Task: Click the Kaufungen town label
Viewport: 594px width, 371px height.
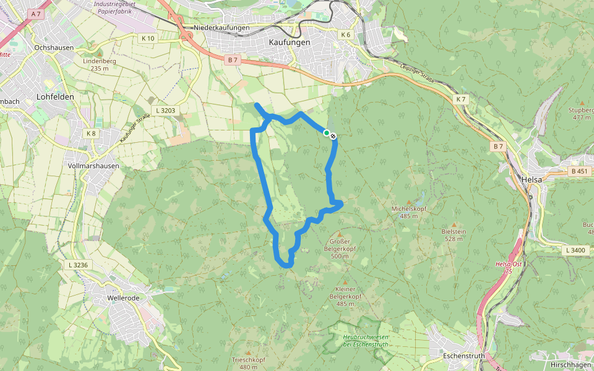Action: [x=290, y=42]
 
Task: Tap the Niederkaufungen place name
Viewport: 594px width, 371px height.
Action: [x=222, y=28]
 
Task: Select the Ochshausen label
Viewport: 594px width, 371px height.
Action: [x=54, y=48]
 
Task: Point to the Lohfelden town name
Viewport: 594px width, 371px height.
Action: [x=56, y=96]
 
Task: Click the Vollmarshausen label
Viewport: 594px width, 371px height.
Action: [x=93, y=166]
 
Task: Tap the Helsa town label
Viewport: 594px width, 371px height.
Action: [x=532, y=179]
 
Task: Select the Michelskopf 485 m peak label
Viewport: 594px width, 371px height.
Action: [x=409, y=212]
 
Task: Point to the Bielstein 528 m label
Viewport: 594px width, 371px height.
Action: [x=454, y=234]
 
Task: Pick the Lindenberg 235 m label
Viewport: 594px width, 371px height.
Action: [x=99, y=64]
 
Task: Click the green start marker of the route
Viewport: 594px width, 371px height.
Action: [x=327, y=132]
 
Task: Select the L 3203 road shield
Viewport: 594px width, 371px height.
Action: [x=166, y=111]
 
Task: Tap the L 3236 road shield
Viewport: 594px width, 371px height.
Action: [x=77, y=265]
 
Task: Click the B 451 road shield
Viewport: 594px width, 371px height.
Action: [x=579, y=171]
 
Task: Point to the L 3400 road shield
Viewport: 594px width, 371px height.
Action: [x=575, y=250]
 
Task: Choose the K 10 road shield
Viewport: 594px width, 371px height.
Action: [x=148, y=38]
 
